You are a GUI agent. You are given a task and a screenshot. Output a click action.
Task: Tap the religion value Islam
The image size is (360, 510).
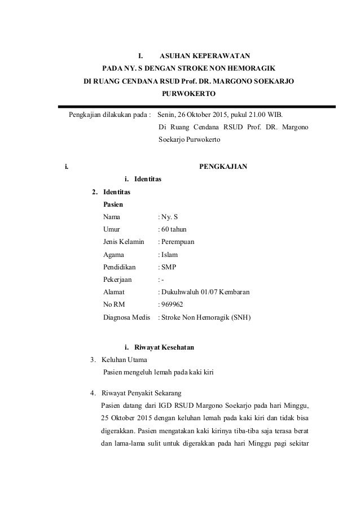(169, 255)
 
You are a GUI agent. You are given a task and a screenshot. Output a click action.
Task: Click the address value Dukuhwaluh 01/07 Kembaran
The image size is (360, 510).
(205, 292)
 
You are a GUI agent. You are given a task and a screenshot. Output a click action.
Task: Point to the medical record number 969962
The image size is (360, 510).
(172, 304)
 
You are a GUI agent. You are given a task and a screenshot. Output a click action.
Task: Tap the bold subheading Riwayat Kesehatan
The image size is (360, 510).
(163, 347)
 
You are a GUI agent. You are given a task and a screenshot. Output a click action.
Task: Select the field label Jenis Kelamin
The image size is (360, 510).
(123, 242)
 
